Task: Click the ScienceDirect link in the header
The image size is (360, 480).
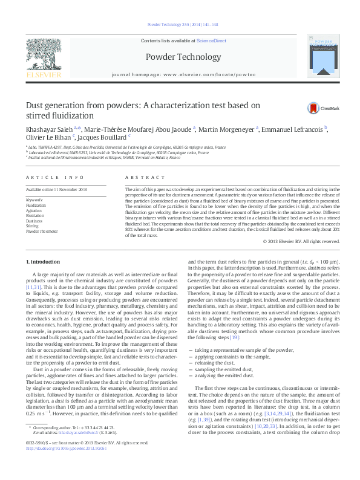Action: click(x=211, y=40)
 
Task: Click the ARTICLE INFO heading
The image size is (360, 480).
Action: click(x=55, y=177)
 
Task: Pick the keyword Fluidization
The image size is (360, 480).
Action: click(x=36, y=205)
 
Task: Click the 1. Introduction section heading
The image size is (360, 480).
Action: click(x=46, y=261)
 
